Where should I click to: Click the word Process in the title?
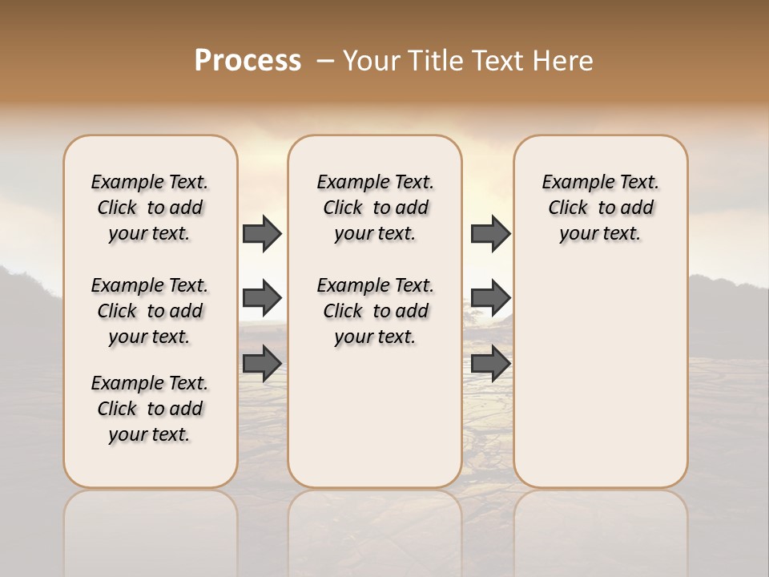[x=248, y=61]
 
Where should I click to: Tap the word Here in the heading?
[x=564, y=61]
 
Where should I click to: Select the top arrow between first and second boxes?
[x=262, y=233]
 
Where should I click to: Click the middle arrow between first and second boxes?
[x=262, y=298]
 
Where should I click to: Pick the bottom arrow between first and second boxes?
[x=262, y=363]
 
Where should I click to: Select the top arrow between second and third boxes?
[x=490, y=233]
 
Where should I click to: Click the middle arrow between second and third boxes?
[x=490, y=298]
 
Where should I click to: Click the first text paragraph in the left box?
[x=150, y=208]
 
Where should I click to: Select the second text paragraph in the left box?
[x=150, y=311]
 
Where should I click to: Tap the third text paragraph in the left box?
[x=150, y=409]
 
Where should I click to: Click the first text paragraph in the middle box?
[x=375, y=208]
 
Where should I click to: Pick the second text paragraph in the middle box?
[x=375, y=311]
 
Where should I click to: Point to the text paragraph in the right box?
[x=600, y=208]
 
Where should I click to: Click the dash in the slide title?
[x=324, y=61]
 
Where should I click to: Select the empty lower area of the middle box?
[x=375, y=417]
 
